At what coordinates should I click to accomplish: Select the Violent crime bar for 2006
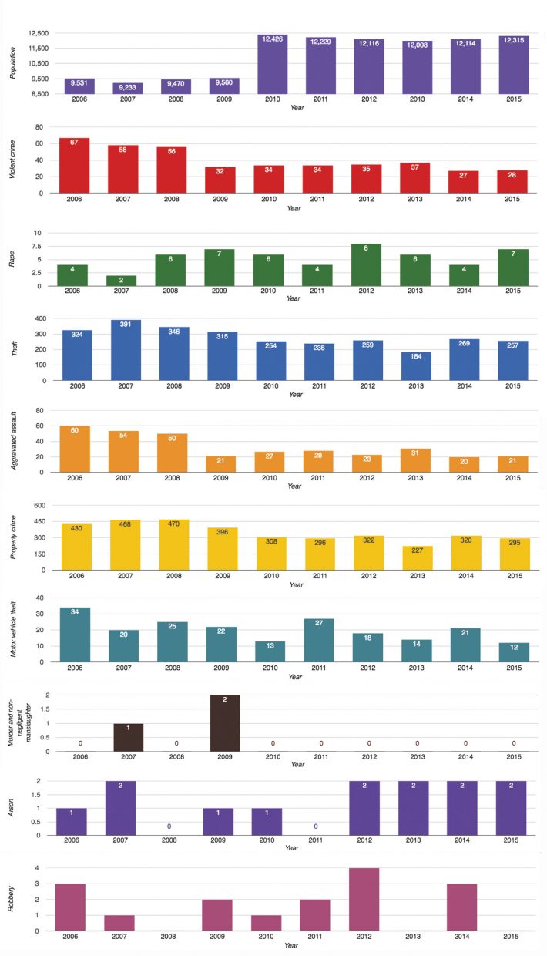[x=76, y=166]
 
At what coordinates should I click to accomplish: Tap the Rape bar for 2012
[x=367, y=265]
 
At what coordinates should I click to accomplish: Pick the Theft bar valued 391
[x=124, y=339]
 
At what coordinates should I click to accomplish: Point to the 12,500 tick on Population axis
[x=38, y=34]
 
